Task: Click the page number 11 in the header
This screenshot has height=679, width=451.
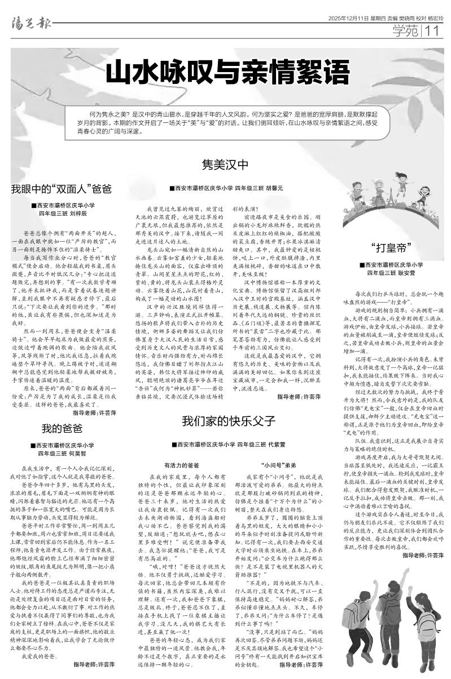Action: pyautogui.click(x=435, y=30)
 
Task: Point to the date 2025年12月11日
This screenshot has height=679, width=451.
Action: pyautogui.click(x=350, y=19)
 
